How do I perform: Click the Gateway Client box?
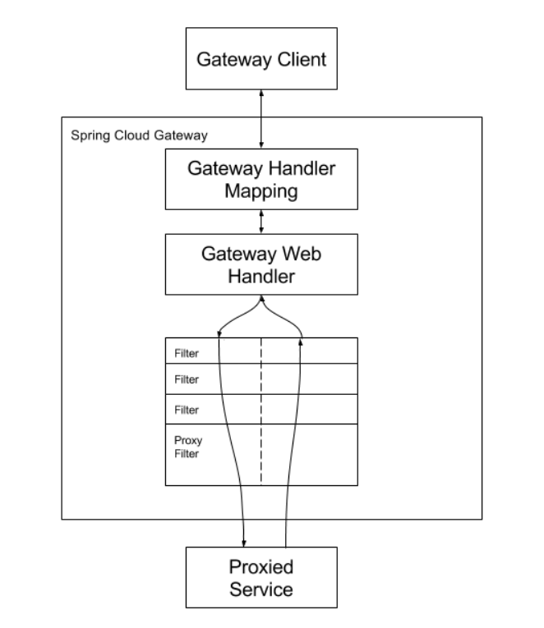(261, 58)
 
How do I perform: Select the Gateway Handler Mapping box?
(261, 179)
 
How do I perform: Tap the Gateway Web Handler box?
(261, 264)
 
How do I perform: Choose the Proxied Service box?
(261, 577)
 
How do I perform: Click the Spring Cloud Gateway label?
(139, 135)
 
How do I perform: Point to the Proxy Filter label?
(188, 447)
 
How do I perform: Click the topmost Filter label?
(187, 353)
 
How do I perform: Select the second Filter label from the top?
(187, 379)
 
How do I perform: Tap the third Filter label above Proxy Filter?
(187, 410)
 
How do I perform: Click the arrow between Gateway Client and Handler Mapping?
(261, 119)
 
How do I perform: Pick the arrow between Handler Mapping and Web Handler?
(261, 222)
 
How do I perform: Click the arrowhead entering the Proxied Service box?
(244, 543)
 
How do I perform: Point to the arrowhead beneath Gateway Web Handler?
(262, 298)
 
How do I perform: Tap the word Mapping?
(261, 191)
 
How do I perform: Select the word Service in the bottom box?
(261, 589)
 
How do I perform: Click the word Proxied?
(261, 566)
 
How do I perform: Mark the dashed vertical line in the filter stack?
(261, 411)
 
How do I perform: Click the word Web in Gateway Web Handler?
(302, 254)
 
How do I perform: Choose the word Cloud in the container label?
(132, 135)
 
